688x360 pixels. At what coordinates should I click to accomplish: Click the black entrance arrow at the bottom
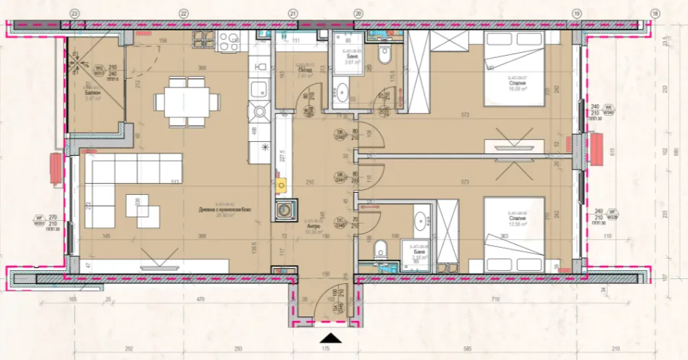(x=330, y=338)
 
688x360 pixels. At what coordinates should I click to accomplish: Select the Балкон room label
(x=92, y=93)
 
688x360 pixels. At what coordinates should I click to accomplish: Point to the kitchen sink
(x=259, y=89)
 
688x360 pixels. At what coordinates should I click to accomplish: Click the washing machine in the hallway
(x=284, y=209)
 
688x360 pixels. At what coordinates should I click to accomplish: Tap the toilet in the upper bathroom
(x=385, y=54)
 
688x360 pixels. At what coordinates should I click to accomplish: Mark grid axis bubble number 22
(x=183, y=13)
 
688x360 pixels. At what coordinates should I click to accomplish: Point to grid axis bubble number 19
(x=576, y=13)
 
